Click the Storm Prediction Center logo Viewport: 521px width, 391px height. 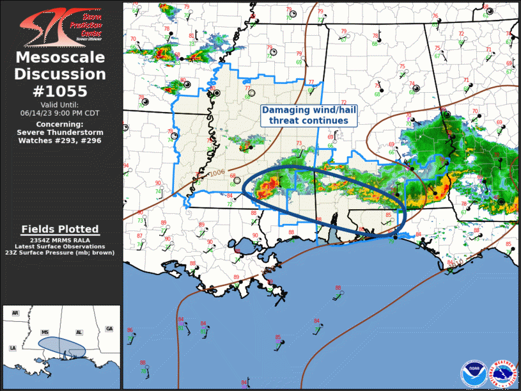(x=60, y=24)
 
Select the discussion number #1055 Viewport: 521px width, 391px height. (x=60, y=90)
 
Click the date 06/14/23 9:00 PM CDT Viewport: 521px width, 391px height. (x=60, y=113)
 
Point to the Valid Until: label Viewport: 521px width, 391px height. (x=60, y=105)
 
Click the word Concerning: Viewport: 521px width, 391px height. (x=60, y=124)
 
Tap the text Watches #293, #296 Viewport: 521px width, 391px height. (x=60, y=140)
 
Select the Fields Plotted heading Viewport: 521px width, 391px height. (x=60, y=228)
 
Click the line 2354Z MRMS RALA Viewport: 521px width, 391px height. (x=60, y=239)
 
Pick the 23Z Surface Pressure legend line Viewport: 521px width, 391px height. (x=60, y=252)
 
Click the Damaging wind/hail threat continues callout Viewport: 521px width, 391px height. (x=309, y=115)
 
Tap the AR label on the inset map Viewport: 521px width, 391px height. (x=15, y=313)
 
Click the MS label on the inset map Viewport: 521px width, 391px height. (x=45, y=333)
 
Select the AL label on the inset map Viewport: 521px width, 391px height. (x=79, y=333)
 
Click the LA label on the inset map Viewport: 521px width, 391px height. (x=12, y=347)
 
